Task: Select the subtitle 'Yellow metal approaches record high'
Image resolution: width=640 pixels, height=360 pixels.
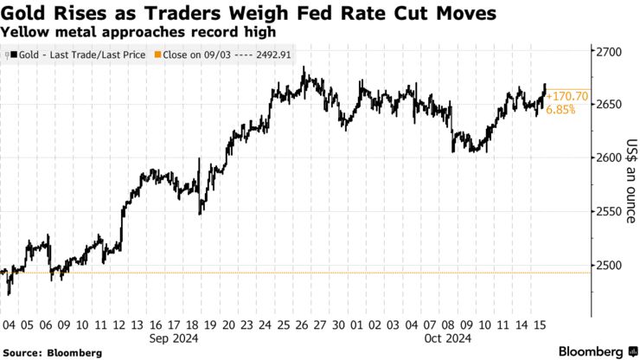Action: click(138, 31)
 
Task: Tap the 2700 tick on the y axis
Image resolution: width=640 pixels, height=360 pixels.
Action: click(611, 52)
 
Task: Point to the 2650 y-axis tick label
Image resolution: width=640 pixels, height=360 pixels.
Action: click(611, 105)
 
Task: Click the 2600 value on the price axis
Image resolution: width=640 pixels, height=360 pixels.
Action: click(611, 157)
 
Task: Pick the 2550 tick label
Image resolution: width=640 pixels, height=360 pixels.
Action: click(611, 211)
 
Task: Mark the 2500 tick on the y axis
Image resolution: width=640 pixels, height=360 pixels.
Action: click(611, 265)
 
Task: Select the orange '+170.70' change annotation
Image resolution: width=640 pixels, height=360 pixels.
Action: click(566, 96)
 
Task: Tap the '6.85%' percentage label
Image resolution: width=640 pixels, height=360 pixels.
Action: click(560, 111)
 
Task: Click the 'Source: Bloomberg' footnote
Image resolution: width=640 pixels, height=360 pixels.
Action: click(51, 353)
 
